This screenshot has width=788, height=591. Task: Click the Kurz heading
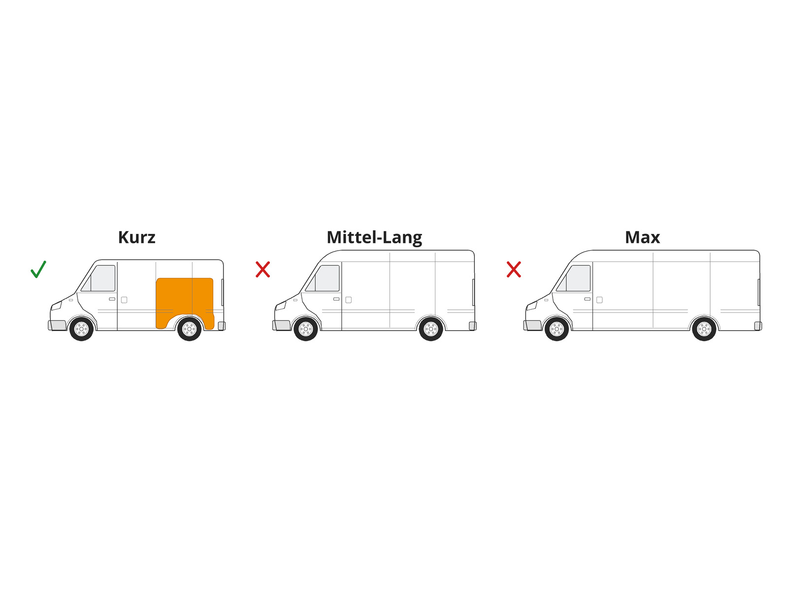(x=136, y=237)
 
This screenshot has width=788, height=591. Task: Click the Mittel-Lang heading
(x=374, y=238)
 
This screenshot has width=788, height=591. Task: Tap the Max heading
(x=642, y=237)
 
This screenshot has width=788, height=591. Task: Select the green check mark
(x=38, y=269)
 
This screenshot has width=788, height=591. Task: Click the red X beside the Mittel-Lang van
(x=263, y=269)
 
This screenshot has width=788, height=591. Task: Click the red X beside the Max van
(x=513, y=269)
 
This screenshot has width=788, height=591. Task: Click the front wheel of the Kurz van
(x=81, y=328)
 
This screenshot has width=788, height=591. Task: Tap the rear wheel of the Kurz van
(x=189, y=328)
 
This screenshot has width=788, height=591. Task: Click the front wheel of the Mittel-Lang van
(x=305, y=328)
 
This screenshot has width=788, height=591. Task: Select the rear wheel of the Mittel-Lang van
(x=430, y=328)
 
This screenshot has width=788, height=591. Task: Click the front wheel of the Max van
(x=557, y=328)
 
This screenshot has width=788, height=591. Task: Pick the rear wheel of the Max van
(x=704, y=328)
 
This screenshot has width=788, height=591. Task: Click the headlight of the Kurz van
(x=56, y=306)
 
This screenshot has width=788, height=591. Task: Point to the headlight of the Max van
(x=531, y=306)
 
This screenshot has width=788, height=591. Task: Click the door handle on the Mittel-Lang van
(x=336, y=299)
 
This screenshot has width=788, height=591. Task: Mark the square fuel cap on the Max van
(x=599, y=299)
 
